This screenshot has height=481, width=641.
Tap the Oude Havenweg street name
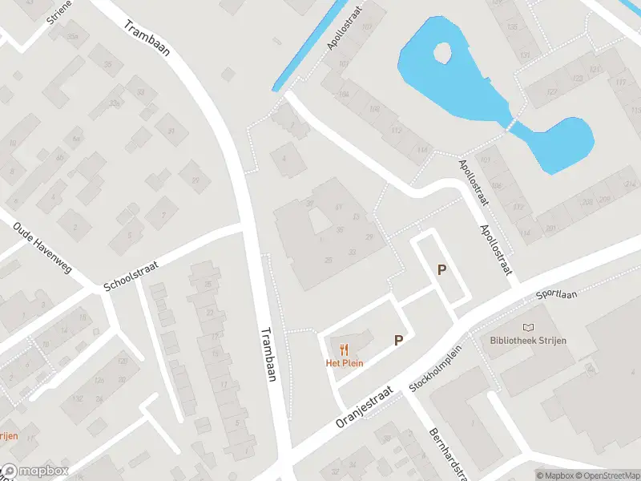coord(42,247)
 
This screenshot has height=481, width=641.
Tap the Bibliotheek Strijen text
coord(528,341)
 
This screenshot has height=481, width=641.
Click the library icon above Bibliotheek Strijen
coord(528,327)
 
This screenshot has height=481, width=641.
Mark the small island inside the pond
coord(441,54)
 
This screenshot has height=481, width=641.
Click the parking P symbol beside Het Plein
coord(398,340)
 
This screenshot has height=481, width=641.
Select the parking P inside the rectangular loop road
coord(441,270)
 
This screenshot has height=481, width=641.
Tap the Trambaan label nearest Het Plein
coord(268,354)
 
